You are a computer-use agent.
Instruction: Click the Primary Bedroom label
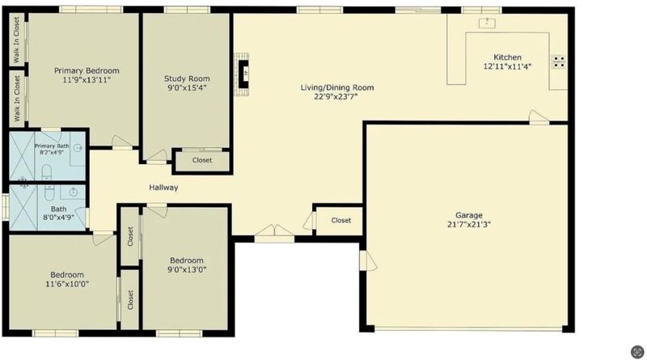click(x=87, y=70)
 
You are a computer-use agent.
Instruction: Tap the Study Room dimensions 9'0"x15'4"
click(x=187, y=87)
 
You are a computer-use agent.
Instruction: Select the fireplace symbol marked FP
click(x=244, y=74)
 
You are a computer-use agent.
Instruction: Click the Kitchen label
click(x=508, y=57)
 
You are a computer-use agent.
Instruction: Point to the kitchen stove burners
click(x=559, y=62)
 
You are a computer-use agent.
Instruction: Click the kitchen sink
click(x=487, y=23)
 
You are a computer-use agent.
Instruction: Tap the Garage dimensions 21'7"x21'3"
click(x=469, y=225)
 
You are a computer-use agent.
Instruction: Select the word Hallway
click(x=163, y=188)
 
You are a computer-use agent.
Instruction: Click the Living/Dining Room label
click(x=337, y=87)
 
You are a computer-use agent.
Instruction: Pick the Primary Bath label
click(x=52, y=146)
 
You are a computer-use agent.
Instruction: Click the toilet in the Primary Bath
click(x=47, y=172)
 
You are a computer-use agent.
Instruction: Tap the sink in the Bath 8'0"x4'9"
click(x=74, y=192)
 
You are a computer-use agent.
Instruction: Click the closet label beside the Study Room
click(x=202, y=160)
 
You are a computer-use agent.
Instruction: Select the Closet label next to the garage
click(x=341, y=221)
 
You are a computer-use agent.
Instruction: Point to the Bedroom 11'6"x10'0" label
click(x=67, y=275)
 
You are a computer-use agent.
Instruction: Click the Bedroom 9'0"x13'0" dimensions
click(x=187, y=270)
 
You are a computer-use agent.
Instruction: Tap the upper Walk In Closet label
click(x=16, y=40)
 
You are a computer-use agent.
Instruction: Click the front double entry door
click(x=274, y=233)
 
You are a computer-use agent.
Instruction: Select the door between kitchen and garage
click(x=539, y=117)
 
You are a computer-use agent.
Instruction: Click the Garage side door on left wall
click(x=368, y=260)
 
